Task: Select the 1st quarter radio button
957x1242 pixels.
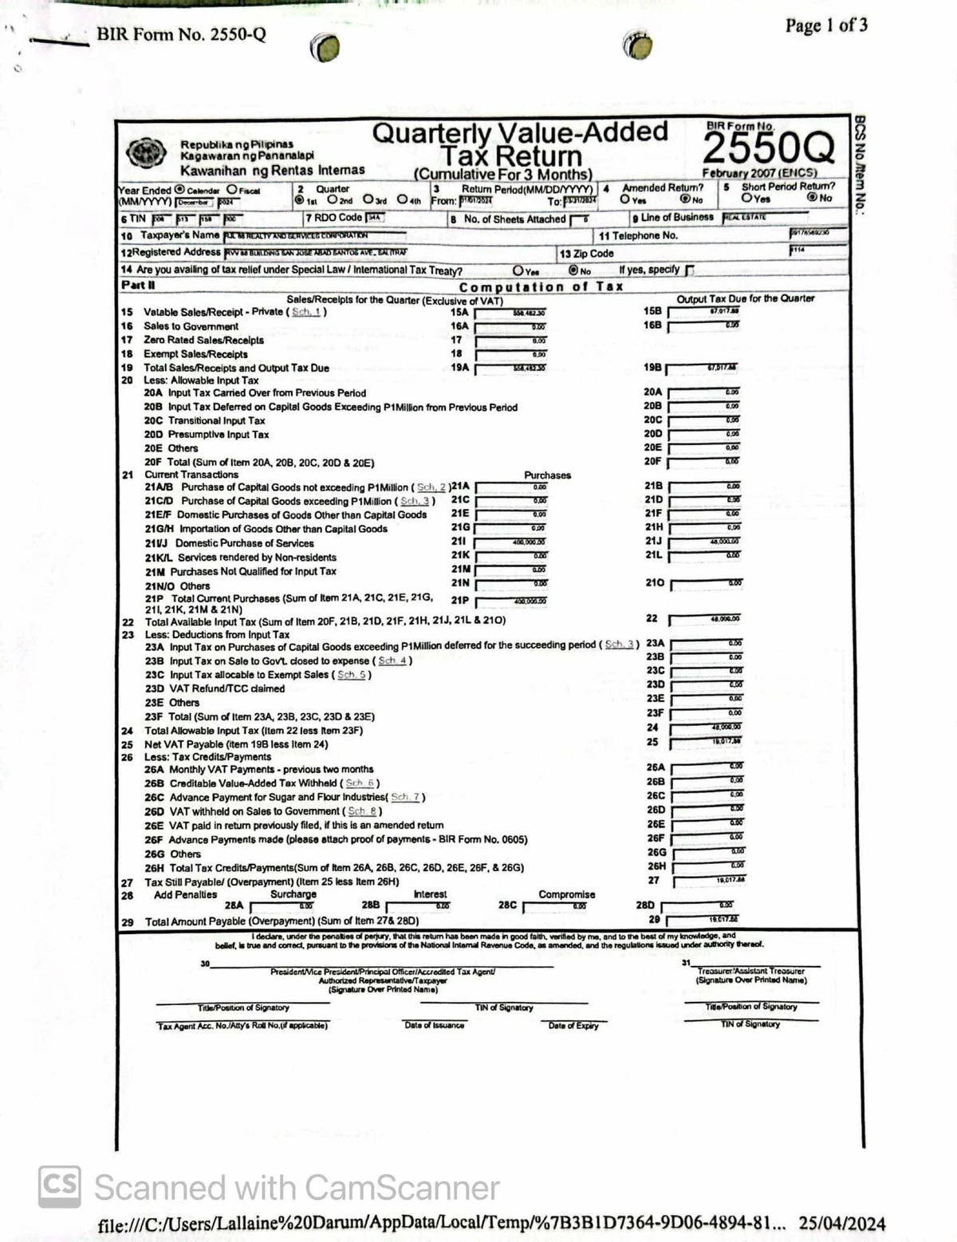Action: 300,201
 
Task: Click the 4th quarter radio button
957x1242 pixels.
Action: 403,201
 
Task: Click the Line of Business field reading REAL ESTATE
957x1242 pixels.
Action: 763,217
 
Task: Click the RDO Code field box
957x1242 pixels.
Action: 375,218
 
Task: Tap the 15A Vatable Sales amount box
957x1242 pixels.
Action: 510,313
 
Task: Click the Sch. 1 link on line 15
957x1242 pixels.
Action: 305,312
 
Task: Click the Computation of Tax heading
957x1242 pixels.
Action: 541,286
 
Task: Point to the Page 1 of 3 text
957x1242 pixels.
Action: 825,26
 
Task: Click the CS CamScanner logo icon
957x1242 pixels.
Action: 59,1186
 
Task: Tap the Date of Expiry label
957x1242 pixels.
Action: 573,1026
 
